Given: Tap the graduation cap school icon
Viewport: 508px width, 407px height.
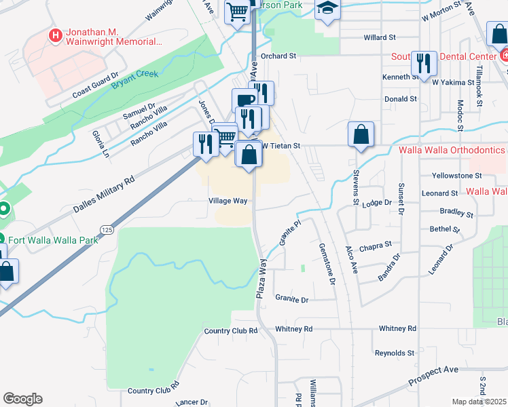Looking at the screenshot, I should [327, 9].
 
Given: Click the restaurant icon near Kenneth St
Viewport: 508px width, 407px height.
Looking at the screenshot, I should [424, 64].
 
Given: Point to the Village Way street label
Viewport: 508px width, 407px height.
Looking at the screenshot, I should [228, 201].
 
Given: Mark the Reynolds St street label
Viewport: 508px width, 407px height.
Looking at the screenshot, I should [395, 353].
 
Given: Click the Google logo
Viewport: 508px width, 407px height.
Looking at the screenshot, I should [22, 399].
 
